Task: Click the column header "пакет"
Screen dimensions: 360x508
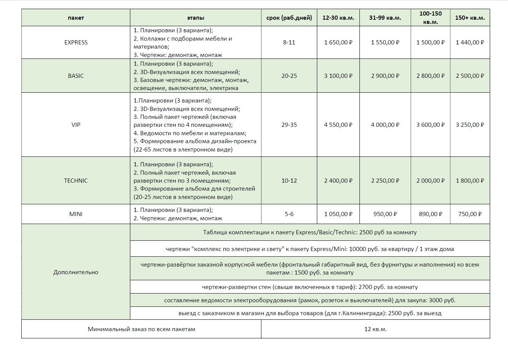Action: pyautogui.click(x=76, y=18)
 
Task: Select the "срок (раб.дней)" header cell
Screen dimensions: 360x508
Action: pyautogui.click(x=289, y=18)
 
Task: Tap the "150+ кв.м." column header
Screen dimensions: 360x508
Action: pyautogui.click(x=470, y=18)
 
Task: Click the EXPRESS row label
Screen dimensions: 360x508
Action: pyautogui.click(x=76, y=43)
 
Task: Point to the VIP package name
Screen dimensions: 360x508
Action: pyautogui.click(x=76, y=125)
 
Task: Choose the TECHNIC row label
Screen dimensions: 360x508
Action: pyautogui.click(x=76, y=181)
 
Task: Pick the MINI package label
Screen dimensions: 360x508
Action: pyautogui.click(x=76, y=214)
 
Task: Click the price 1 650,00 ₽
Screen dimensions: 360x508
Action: pyautogui.click(x=338, y=43)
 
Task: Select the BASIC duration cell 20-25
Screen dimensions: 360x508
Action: pyautogui.click(x=289, y=76)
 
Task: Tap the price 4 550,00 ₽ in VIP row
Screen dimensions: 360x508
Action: pyautogui.click(x=338, y=125)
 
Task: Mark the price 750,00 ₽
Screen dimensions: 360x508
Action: pyautogui.click(x=470, y=214)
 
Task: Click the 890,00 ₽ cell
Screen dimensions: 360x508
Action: pyautogui.click(x=430, y=214)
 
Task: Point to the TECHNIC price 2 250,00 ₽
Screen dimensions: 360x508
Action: pyautogui.click(x=385, y=181)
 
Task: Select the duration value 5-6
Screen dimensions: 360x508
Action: pyautogui.click(x=289, y=214)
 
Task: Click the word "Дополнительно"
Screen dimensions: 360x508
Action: pyautogui.click(x=76, y=272)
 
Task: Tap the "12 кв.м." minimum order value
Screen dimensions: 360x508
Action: pyautogui.click(x=375, y=329)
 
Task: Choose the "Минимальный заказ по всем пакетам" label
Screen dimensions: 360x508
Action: pyautogui.click(x=141, y=329)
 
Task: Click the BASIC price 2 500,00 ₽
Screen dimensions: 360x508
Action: pyautogui.click(x=470, y=76)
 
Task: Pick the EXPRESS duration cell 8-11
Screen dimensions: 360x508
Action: pyautogui.click(x=289, y=43)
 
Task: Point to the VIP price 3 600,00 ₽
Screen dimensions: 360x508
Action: pyautogui.click(x=430, y=125)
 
